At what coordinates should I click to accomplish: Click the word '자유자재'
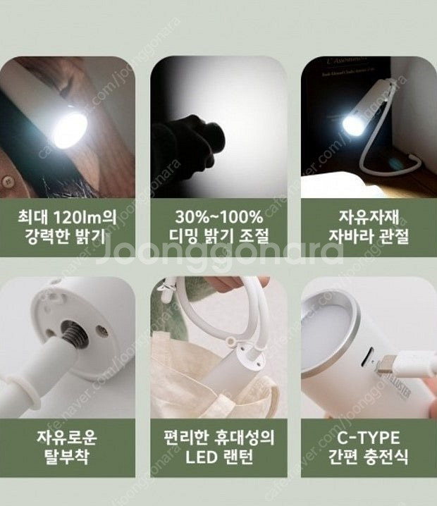pyautogui.click(x=361, y=215)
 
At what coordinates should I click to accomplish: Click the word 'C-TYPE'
pyautogui.click(x=361, y=437)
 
